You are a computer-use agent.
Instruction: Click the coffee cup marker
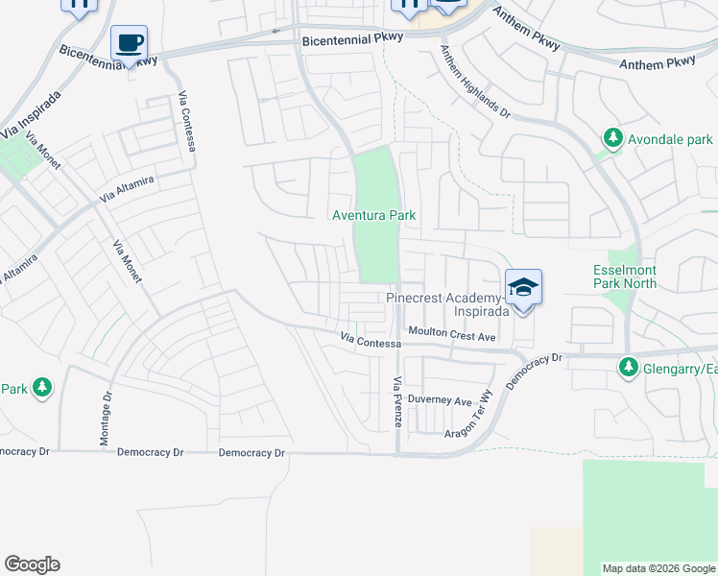(x=129, y=43)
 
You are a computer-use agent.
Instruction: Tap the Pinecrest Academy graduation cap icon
(x=523, y=287)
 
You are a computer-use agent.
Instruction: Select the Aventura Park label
(x=374, y=215)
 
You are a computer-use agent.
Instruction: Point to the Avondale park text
(x=670, y=139)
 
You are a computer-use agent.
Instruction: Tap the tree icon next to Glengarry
(x=628, y=367)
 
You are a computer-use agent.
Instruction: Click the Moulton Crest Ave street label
(x=451, y=334)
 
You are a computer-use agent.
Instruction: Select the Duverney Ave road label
(x=440, y=400)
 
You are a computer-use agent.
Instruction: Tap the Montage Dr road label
(x=106, y=419)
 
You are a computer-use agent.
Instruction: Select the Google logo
(x=32, y=564)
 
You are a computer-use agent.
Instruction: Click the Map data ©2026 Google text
(x=658, y=568)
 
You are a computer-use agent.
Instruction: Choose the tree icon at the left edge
(x=41, y=387)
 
